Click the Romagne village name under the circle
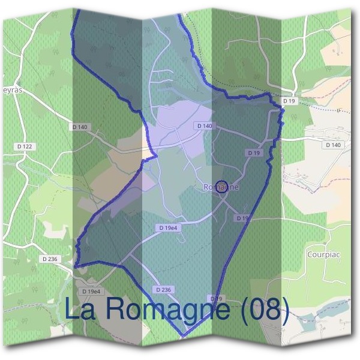pyautogui.click(x=221, y=187)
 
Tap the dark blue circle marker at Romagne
pyautogui.click(x=221, y=187)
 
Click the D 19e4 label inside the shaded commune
pyautogui.click(x=170, y=228)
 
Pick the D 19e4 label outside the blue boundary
pyautogui.click(x=92, y=291)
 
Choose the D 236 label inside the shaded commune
pyautogui.click(x=163, y=290)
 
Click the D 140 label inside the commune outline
pyautogui.click(x=204, y=126)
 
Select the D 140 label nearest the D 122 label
pyautogui.click(x=79, y=127)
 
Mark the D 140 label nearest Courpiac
pyautogui.click(x=332, y=145)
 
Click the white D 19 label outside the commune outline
pyautogui.click(x=290, y=101)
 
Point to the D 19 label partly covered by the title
pyautogui.click(x=217, y=298)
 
